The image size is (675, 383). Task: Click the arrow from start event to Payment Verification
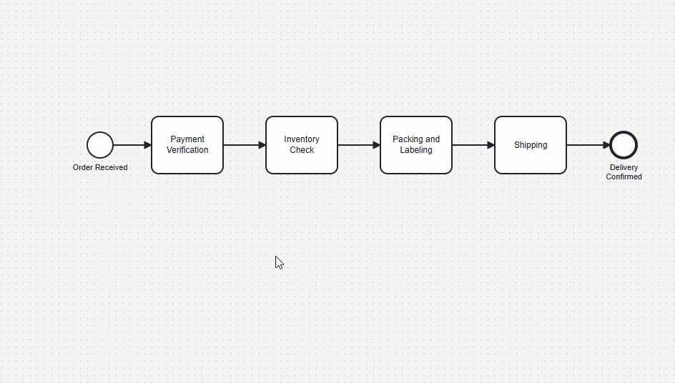click(132, 145)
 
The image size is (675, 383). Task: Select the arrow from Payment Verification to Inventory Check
click(245, 145)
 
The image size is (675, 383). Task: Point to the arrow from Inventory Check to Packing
click(359, 145)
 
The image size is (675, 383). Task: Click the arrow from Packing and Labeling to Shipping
click(473, 145)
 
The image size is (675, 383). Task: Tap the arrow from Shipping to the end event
click(588, 145)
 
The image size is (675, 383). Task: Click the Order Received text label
click(100, 167)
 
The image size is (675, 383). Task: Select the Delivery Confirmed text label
click(624, 172)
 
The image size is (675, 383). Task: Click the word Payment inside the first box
click(187, 139)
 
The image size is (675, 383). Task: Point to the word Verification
click(187, 150)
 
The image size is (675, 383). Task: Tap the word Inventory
click(302, 139)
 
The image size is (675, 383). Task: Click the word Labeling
click(416, 150)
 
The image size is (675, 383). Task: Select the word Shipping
click(531, 145)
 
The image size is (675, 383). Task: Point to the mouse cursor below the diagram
click(279, 262)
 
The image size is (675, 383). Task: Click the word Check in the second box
click(302, 150)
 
